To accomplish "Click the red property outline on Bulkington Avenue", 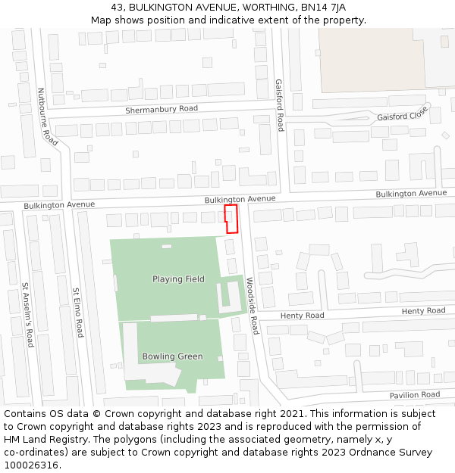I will click(231, 219).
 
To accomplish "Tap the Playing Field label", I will click(178, 279).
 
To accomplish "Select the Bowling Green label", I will click(172, 356).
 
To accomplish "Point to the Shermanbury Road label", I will click(162, 109).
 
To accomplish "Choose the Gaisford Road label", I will click(279, 104).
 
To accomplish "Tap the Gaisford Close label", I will click(403, 116).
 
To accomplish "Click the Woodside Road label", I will click(253, 306).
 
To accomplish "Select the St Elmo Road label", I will click(77, 312).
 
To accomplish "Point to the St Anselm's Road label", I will click(27, 315).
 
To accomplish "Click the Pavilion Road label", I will click(415, 395).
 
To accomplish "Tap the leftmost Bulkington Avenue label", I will click(59, 204).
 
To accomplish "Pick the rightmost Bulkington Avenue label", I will click(412, 194).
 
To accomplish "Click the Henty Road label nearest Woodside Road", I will click(302, 315).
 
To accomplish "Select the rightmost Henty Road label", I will click(423, 311).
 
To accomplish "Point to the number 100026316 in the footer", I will click(31, 465).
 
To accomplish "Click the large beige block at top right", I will click(371, 61).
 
